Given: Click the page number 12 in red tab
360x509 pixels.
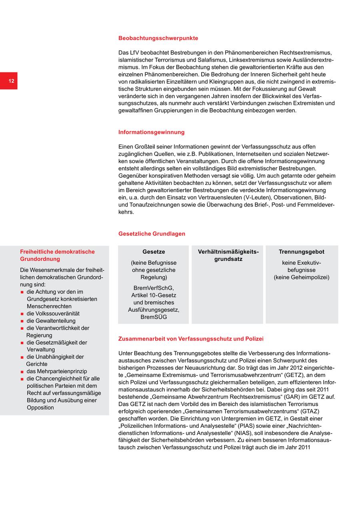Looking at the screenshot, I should point(11,81).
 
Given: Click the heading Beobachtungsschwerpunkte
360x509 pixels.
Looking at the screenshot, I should point(158,38).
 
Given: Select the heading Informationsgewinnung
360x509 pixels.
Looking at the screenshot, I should point(151,132).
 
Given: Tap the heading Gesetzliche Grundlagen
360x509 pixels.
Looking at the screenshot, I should point(152,234).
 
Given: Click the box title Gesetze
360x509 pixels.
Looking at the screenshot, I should point(154,252).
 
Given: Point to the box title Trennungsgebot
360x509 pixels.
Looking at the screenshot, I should point(302,252).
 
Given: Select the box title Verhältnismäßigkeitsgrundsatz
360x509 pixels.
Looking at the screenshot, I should point(228,255).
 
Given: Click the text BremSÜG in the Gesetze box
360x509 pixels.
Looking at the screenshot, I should point(154,317).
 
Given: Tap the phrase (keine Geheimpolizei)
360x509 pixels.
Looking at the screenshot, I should point(302,277).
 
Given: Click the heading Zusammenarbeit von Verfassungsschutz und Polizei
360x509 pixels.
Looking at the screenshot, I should point(191,339).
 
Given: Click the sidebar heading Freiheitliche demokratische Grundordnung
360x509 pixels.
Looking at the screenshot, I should point(57,255).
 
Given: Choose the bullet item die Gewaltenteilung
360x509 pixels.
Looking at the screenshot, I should point(51,321).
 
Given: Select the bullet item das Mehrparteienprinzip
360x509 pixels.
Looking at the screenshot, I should point(57,371).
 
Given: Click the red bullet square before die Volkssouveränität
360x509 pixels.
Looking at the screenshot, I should point(22,314).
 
